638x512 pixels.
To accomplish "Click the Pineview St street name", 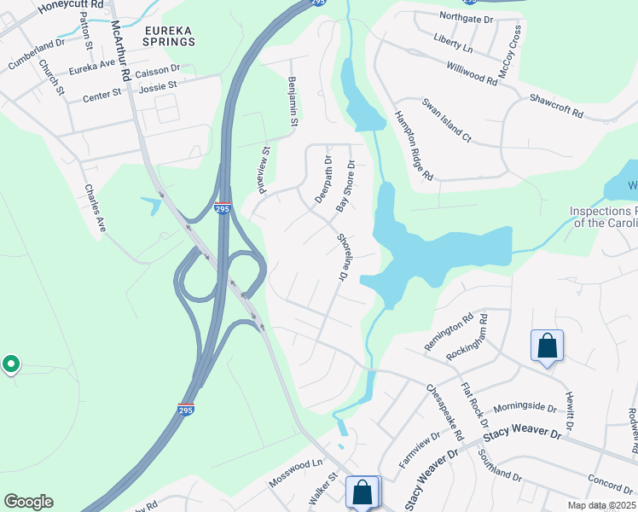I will pos(264,169).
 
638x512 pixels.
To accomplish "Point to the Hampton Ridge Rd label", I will pos(414,146).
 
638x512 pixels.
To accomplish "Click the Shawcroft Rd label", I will pos(555,107).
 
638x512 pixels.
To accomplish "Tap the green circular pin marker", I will pos(10,364).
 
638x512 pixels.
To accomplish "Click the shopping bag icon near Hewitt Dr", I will pos(547,346).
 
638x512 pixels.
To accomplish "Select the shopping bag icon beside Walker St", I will pos(362,492).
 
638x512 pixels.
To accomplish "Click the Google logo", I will pos(28,502).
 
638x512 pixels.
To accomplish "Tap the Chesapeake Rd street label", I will pos(444,411).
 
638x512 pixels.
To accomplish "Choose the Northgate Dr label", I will pos(466,16).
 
